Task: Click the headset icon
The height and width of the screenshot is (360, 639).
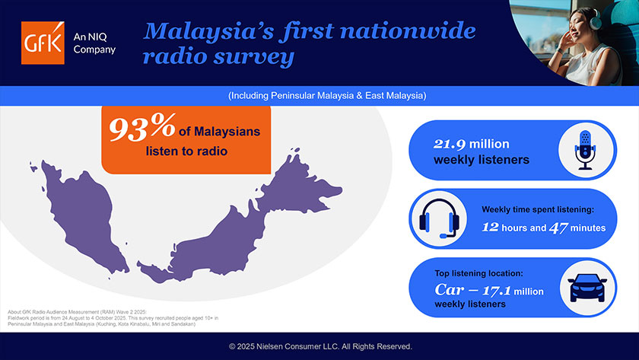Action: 437,218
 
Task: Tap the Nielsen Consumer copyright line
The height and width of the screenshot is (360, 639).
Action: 319,346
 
